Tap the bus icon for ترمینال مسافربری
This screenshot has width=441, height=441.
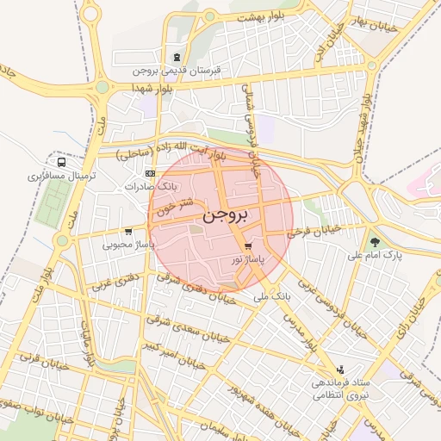pos(61,161)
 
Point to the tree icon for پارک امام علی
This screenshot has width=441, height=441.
pos(374,241)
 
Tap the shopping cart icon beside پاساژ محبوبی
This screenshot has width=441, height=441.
pos(128,231)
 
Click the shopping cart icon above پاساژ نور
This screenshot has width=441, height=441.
pos(248,245)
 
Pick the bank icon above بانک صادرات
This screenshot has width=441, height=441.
pos(152,174)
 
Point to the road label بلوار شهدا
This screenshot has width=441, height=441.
pos(153,88)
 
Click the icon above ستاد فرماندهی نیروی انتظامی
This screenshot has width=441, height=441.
pos(339,369)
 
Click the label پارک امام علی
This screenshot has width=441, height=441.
pos(376,256)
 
